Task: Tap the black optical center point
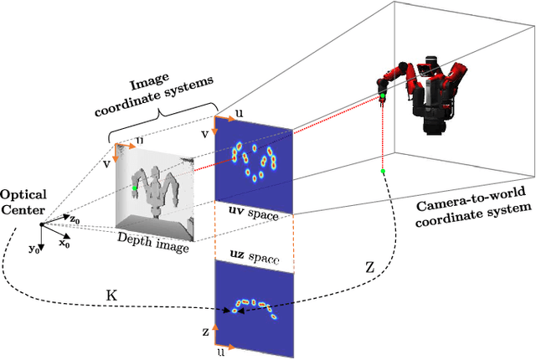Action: point(41,224)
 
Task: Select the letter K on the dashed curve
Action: point(111,295)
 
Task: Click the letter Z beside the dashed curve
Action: point(370,265)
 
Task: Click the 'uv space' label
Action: point(253,216)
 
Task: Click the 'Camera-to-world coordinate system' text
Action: point(474,213)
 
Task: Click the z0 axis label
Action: point(75,219)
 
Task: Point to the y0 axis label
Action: point(33,249)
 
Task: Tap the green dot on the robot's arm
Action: point(382,98)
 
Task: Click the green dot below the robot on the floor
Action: point(382,172)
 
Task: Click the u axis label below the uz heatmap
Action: point(220,353)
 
